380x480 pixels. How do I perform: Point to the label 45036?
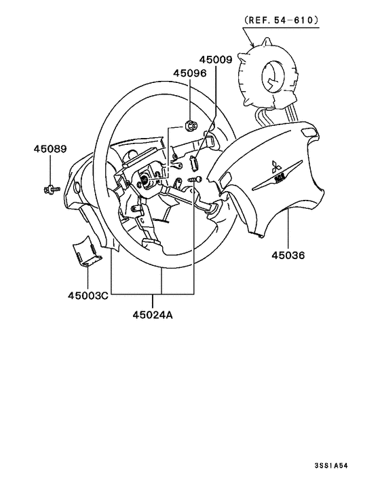click(x=288, y=256)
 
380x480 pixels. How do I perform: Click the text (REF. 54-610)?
click(x=280, y=21)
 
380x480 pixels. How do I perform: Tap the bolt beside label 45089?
click(x=50, y=187)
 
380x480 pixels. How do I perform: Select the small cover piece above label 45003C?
click(x=87, y=252)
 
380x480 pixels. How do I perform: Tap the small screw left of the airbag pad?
click(x=195, y=178)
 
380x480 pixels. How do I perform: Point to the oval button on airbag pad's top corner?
click(x=309, y=132)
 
